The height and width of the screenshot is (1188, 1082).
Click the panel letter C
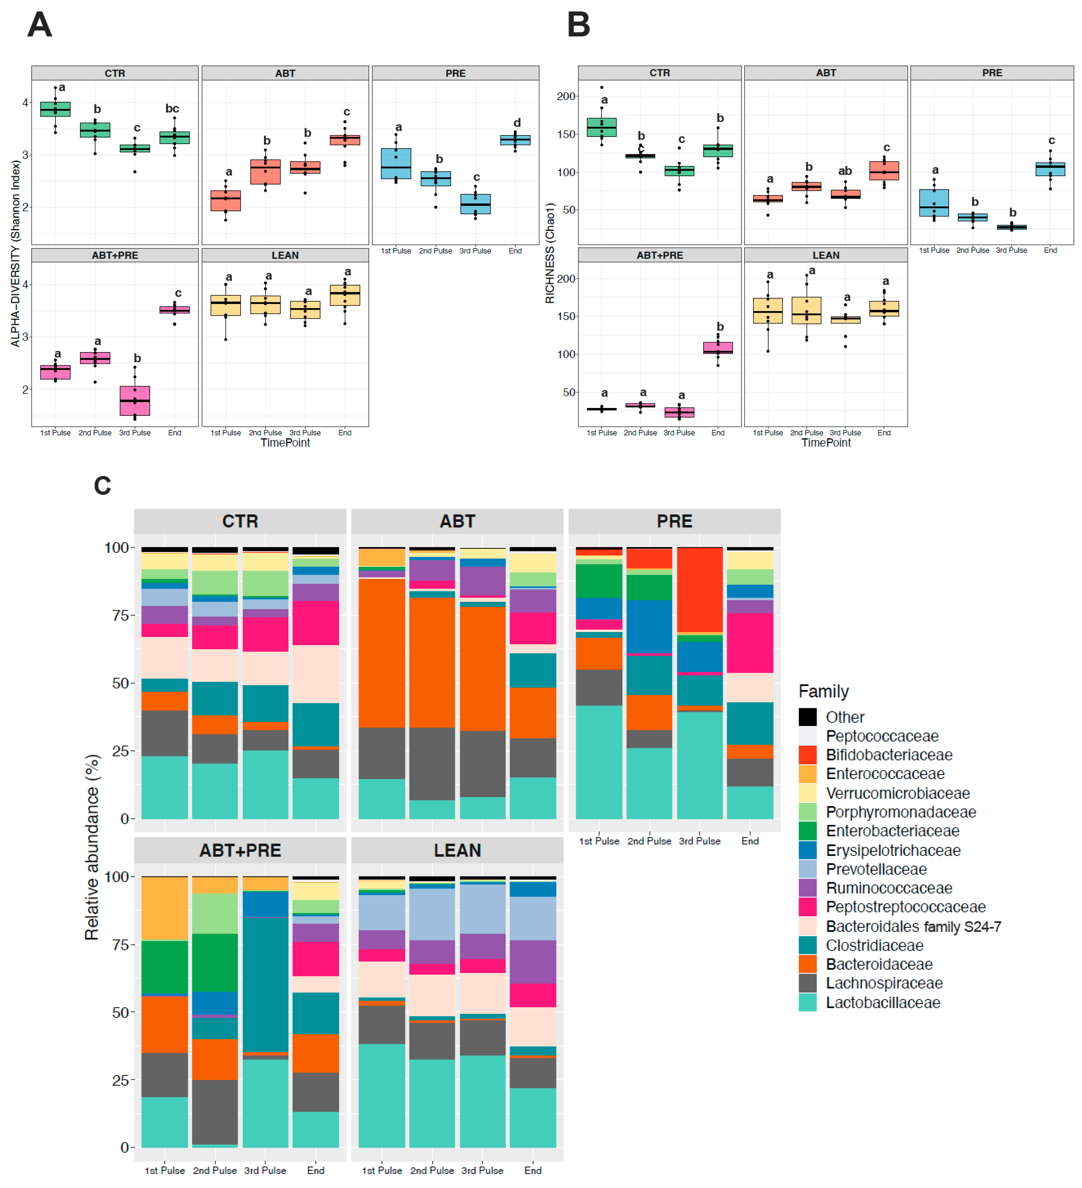pos(103,486)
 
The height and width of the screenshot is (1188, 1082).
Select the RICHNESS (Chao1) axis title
pos(550,253)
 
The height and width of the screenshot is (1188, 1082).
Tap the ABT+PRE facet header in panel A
pos(115,255)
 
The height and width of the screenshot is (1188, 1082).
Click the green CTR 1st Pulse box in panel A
pos(55,109)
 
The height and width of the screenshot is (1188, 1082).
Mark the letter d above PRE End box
pos(516,123)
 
